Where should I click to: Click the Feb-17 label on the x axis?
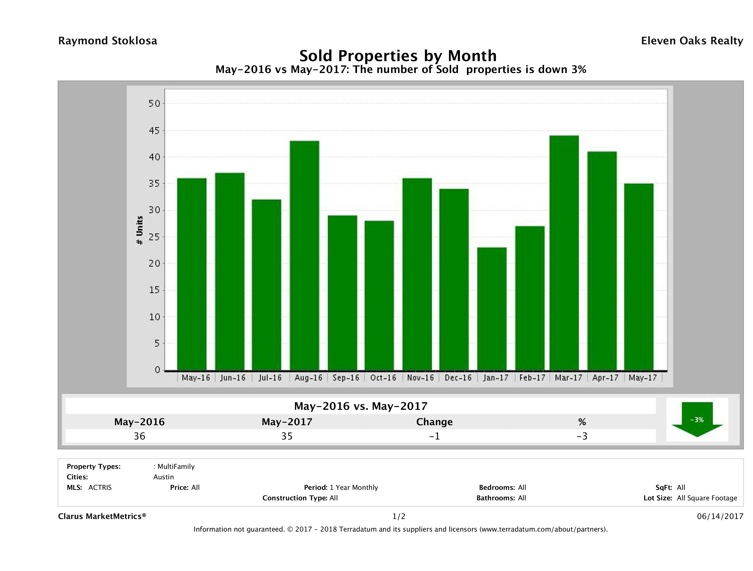coord(532,378)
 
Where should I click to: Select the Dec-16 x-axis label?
coord(458,378)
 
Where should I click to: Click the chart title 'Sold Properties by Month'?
coord(398,56)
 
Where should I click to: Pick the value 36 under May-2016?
coord(139,436)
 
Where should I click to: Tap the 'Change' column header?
coord(434,422)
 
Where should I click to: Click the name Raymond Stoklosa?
coord(108,41)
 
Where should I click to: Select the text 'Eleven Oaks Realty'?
coord(692,41)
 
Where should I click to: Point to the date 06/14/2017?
coord(720,516)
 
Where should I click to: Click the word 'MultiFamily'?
coord(176,467)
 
